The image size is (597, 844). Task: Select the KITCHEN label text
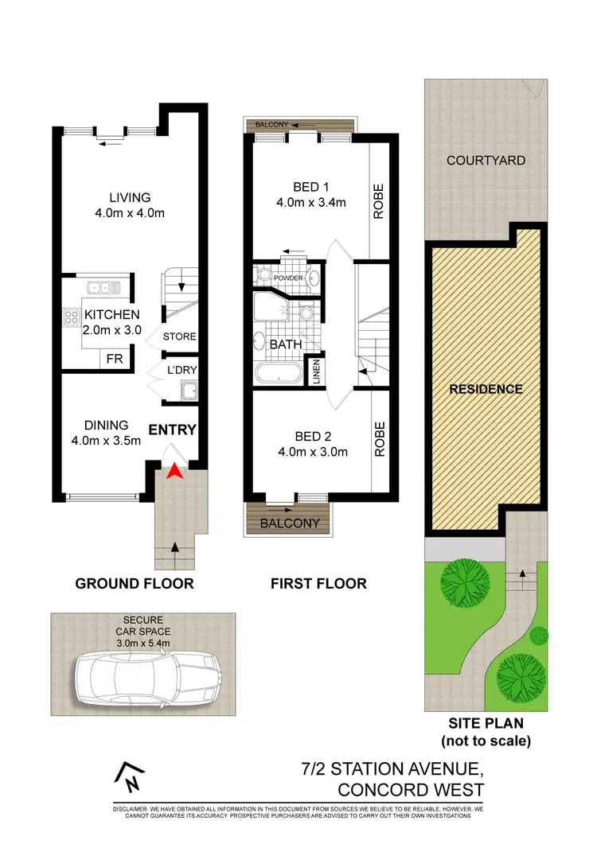[112, 315]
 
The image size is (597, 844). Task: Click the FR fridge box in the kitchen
[115, 360]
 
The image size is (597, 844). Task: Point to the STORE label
[179, 337]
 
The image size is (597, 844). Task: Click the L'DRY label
[181, 370]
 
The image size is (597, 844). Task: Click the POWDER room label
[288, 278]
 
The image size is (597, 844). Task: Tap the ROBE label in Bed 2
[379, 439]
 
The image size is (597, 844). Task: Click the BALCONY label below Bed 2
[290, 523]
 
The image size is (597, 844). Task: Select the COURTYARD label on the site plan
[486, 160]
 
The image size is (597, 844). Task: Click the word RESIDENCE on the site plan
[486, 389]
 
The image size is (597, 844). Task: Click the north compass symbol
[131, 777]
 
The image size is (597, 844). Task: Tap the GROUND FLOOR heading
[135, 584]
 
